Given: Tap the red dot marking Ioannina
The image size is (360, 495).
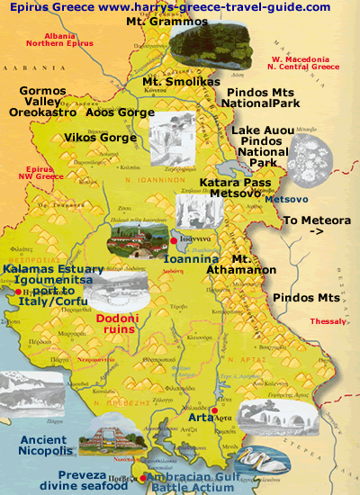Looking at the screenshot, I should click(x=173, y=241).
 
